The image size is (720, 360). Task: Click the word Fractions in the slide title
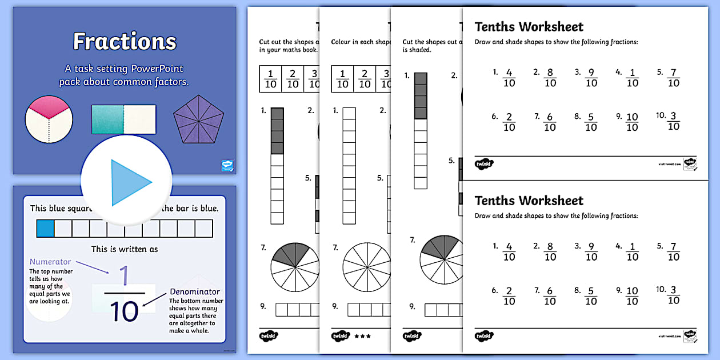click(125, 41)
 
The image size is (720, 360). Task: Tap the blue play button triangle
click(130, 182)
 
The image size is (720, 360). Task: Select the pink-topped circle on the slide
click(49, 119)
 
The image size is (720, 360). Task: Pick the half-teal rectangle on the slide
click(123, 119)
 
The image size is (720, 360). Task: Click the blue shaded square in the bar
click(45, 229)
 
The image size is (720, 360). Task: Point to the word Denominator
click(194, 292)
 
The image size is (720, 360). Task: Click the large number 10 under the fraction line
click(123, 312)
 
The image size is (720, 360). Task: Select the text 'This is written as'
click(125, 249)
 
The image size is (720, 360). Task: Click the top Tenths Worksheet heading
click(529, 27)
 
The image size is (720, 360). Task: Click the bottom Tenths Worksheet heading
click(529, 201)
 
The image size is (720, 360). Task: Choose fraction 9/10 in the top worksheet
click(591, 78)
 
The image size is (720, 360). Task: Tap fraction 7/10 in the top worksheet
click(673, 78)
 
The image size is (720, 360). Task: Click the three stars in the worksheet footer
click(362, 336)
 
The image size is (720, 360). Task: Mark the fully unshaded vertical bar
click(349, 166)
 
